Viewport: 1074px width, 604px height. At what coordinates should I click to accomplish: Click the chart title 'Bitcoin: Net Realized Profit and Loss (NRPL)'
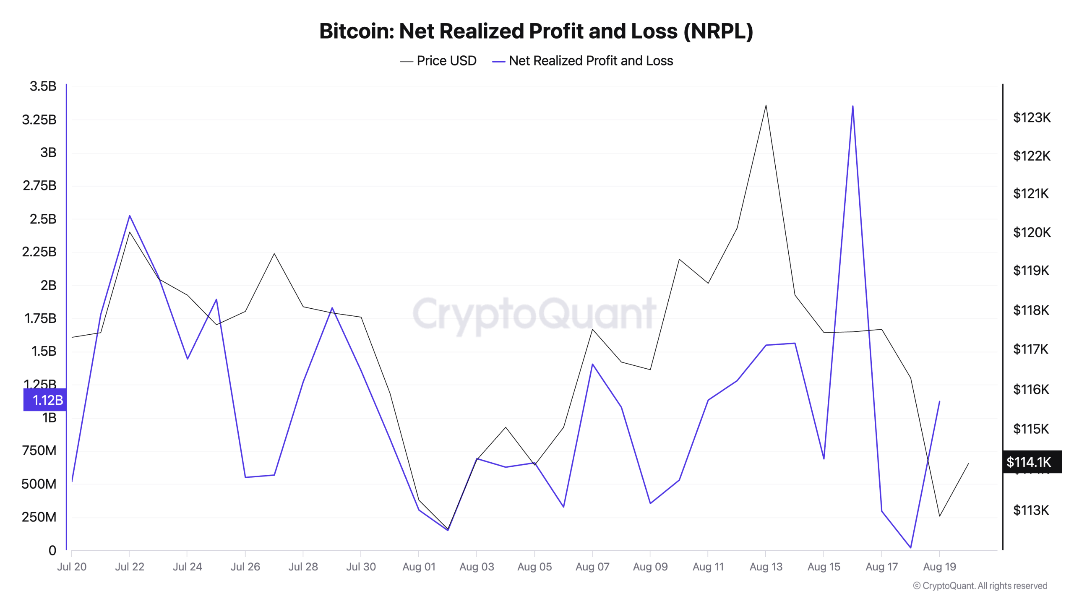536,31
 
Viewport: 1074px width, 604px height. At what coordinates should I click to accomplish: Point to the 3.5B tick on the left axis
43,86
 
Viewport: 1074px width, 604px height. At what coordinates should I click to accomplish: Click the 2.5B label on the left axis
43,219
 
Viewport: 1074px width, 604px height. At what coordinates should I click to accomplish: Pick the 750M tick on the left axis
39,450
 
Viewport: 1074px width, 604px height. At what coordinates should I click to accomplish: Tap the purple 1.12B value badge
45,400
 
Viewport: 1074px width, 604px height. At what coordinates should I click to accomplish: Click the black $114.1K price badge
1032,462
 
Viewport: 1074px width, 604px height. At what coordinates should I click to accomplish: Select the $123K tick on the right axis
1032,117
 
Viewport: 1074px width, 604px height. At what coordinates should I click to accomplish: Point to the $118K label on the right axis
1031,310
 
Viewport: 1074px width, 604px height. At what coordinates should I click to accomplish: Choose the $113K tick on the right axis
1031,510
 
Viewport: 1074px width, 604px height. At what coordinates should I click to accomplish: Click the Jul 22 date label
130,567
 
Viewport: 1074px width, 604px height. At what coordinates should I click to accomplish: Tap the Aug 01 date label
419,567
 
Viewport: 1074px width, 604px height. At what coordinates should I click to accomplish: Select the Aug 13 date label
766,567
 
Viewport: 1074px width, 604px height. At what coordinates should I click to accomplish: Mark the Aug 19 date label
939,567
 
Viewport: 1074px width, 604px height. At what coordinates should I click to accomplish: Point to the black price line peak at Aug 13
766,105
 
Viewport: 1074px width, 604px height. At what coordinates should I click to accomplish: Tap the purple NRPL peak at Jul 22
130,216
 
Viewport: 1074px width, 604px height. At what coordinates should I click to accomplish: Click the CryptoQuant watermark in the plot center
534,313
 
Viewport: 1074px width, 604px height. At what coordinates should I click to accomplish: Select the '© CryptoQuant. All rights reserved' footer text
980,586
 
